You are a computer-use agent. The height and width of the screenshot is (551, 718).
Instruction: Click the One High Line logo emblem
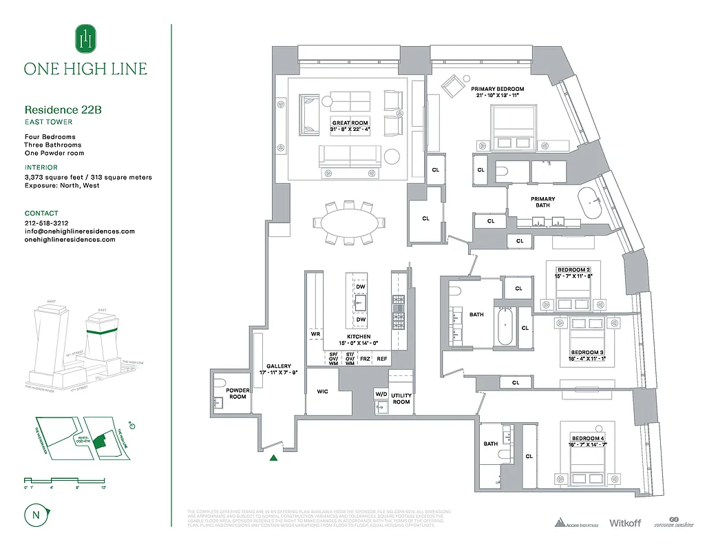coord(85,39)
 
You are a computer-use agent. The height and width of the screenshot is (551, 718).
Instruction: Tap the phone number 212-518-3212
coord(46,223)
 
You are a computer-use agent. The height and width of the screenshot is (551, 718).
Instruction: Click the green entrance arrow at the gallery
coord(274,457)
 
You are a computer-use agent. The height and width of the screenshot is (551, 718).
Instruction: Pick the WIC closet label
coord(323,391)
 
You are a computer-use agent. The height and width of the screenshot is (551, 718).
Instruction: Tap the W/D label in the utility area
coord(381,394)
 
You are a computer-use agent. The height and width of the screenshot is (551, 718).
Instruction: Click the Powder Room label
coord(237,393)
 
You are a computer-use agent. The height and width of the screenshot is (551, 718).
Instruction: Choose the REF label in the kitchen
coord(381,359)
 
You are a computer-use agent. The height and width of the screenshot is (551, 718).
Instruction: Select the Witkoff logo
coord(624,523)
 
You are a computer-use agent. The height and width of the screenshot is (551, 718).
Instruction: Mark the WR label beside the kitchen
coord(315,334)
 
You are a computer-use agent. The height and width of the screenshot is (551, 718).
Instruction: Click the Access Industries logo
coord(577,523)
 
